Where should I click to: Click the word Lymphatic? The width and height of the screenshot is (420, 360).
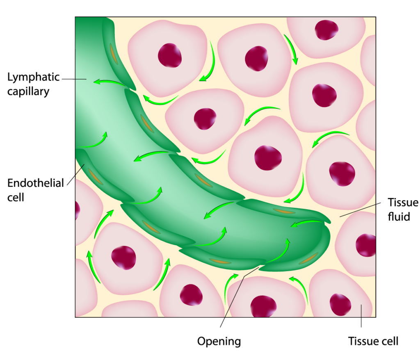coord(33,77)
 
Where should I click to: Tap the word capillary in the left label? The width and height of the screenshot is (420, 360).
coord(28,92)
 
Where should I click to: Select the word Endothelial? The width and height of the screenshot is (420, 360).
coord(35,183)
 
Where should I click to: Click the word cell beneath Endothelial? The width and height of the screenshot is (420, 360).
coord(16,197)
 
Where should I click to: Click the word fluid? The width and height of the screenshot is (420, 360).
coord(399,216)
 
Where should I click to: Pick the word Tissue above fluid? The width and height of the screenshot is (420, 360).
coord(403,202)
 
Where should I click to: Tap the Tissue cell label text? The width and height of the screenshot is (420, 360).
coord(373,341)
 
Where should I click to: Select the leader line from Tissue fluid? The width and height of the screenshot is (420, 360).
coord(360,210)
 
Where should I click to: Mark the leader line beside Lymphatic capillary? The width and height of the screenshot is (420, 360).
coord(74,79)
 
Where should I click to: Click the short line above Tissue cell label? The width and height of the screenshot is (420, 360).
coord(361,316)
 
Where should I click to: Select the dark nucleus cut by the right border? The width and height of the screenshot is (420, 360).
coord(366,245)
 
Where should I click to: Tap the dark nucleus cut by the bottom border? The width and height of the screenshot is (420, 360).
coord(263,306)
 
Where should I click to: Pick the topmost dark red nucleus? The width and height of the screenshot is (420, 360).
coord(326,30)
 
